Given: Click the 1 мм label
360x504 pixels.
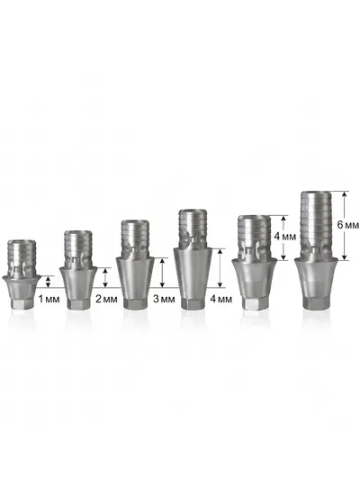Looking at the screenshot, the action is (x=49, y=299).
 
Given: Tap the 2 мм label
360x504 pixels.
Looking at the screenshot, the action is (x=106, y=299).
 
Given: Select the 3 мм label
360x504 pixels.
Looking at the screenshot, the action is (x=164, y=299).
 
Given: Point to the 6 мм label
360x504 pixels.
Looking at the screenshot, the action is (x=347, y=225).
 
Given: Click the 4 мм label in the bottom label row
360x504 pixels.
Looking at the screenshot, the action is (x=221, y=299).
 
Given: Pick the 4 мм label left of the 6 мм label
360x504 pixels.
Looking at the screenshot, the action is (x=284, y=237).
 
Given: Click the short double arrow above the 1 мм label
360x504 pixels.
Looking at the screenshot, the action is (x=49, y=282).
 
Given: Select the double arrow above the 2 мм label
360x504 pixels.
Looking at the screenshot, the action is (x=105, y=277).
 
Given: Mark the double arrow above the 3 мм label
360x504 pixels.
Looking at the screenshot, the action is (x=162, y=273).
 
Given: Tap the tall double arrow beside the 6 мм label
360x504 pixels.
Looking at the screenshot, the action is (x=344, y=226).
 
